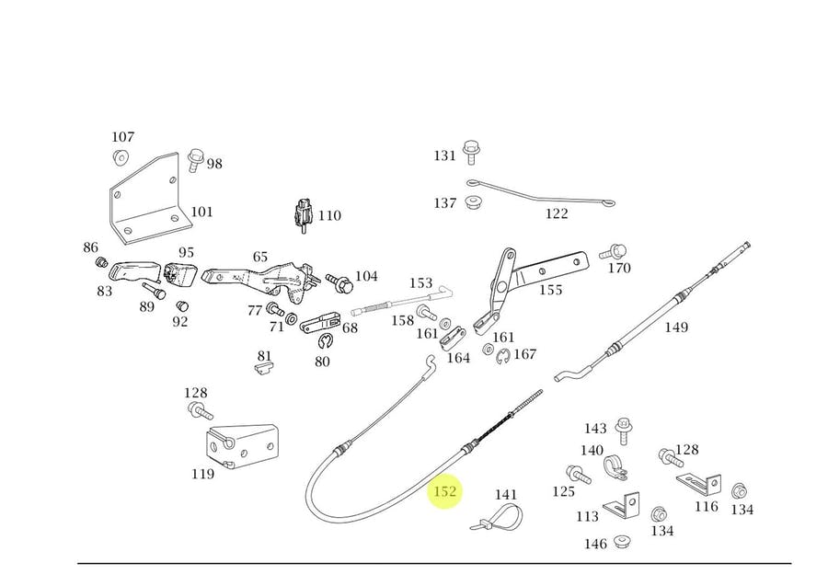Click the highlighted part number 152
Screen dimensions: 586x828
[x=445, y=492]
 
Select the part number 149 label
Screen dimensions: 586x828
[x=676, y=327]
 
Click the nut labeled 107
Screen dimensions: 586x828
[x=121, y=156]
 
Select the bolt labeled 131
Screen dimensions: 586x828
[x=471, y=152]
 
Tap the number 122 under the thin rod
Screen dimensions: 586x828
[x=557, y=214]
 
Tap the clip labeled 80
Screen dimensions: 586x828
[x=323, y=343]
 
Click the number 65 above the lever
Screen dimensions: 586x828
[x=260, y=258]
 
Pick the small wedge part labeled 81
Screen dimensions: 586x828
[x=264, y=368]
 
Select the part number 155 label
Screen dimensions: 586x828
[x=550, y=291]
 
